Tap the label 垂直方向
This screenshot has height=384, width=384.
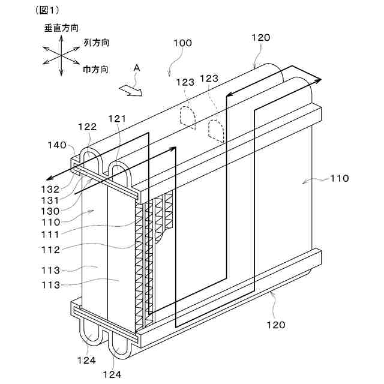click(x=61, y=28)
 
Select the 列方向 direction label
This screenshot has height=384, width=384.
click(x=95, y=44)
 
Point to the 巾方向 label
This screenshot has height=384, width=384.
click(x=95, y=70)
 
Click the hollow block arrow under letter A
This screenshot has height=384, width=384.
click(x=130, y=90)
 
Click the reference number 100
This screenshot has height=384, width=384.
click(x=182, y=43)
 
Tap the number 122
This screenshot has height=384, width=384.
click(x=88, y=127)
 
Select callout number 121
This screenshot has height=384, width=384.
click(x=117, y=119)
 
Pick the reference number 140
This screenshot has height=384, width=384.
click(x=57, y=145)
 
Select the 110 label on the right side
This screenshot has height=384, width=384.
click(x=339, y=178)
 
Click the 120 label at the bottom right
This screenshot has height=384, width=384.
click(x=275, y=325)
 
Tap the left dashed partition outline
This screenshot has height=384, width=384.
click(x=188, y=118)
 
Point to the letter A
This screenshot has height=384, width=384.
click(x=137, y=69)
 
